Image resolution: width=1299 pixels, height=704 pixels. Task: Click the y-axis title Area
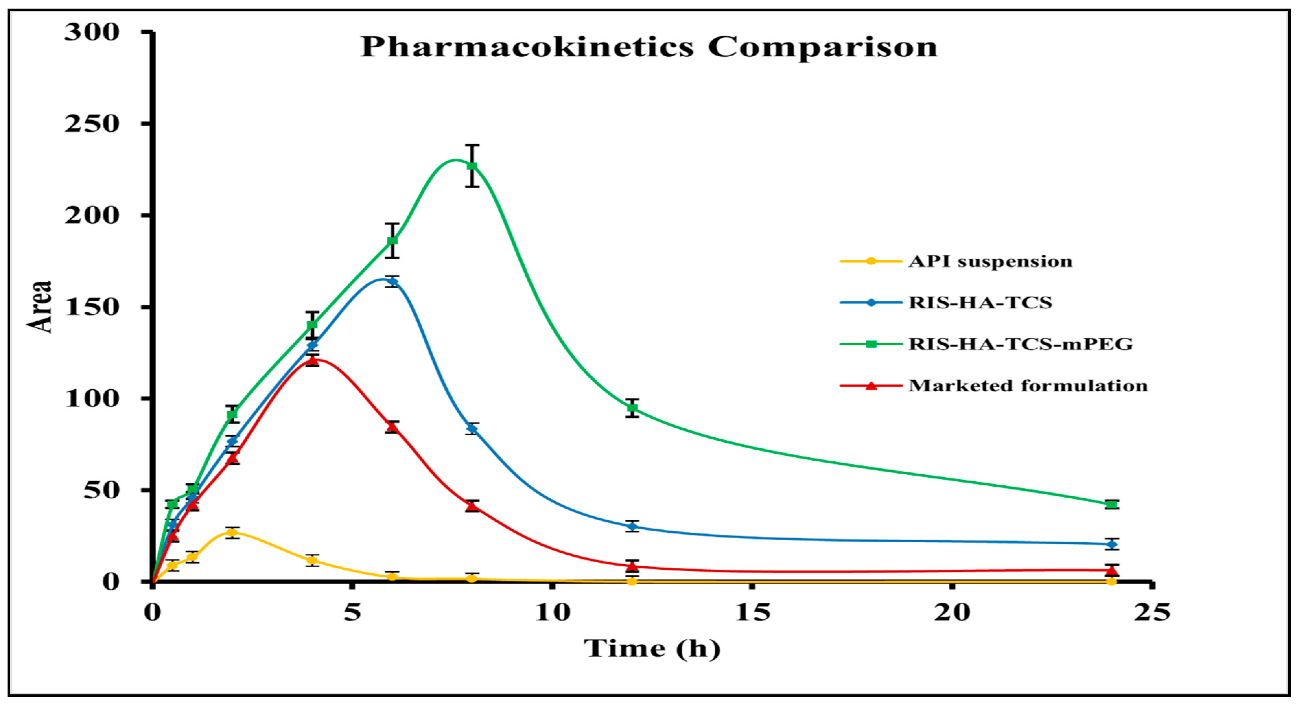click(40, 306)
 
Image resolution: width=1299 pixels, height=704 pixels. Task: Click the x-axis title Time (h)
click(652, 648)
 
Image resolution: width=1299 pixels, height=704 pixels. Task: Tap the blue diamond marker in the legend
click(871, 303)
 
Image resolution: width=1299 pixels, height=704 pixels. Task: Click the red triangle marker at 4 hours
click(313, 360)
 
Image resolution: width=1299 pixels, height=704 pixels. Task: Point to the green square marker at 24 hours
click(1111, 504)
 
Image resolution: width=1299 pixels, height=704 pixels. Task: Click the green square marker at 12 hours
click(632, 407)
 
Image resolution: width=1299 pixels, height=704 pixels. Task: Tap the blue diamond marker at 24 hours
click(1111, 544)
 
